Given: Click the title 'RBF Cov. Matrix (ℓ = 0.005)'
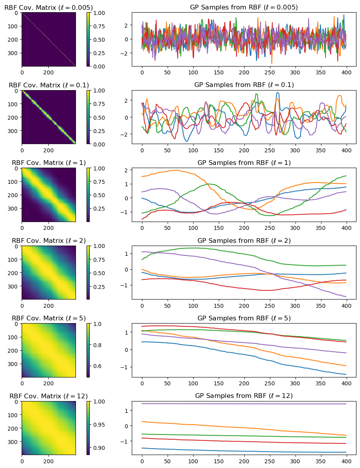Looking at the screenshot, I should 48,7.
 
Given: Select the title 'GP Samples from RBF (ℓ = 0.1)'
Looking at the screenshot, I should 244,85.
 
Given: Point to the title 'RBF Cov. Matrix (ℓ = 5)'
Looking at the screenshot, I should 48,318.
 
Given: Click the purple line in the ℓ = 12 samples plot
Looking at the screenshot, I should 244,404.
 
